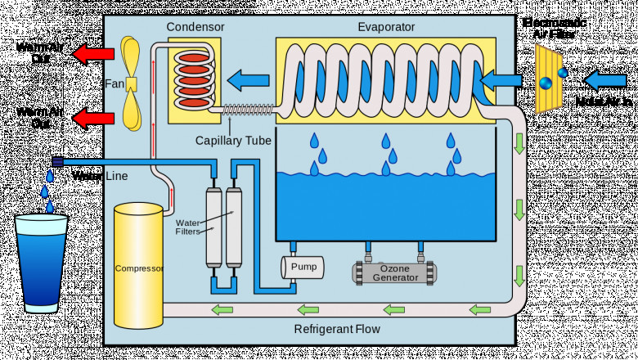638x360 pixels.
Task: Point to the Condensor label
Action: (x=195, y=27)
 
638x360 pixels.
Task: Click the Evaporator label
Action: (x=386, y=27)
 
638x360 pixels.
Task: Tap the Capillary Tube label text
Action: (x=233, y=141)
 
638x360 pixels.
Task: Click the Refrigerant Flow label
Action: (x=337, y=330)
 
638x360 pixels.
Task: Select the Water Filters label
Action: (x=188, y=227)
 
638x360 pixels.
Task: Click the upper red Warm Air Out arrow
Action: (x=92, y=55)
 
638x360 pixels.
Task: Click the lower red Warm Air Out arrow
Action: (x=92, y=119)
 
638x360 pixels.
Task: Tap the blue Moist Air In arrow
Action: (x=605, y=80)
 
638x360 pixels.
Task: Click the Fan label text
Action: (x=114, y=83)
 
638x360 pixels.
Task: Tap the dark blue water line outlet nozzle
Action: (x=57, y=161)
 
